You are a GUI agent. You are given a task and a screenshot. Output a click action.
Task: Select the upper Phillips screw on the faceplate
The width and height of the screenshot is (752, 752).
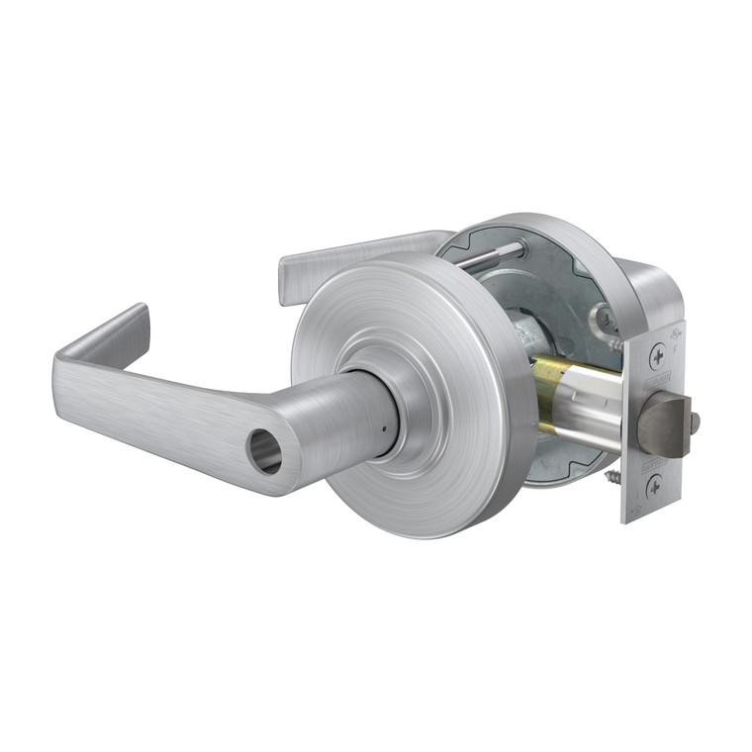pos(658,356)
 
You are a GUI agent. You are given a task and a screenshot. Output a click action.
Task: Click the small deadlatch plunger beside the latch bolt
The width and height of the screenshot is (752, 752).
pos(696,423)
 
